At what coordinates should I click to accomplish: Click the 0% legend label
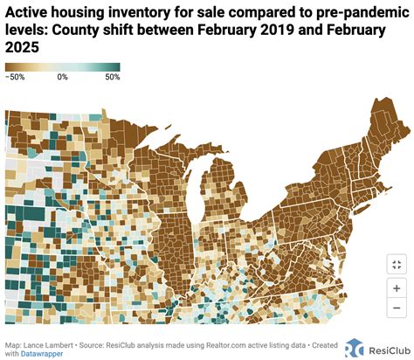pyautogui.click(x=62, y=78)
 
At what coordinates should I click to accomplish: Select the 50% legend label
pyautogui.click(x=112, y=78)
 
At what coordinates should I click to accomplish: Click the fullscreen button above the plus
pyautogui.click(x=396, y=264)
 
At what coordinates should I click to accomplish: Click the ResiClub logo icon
pyautogui.click(x=355, y=348)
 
